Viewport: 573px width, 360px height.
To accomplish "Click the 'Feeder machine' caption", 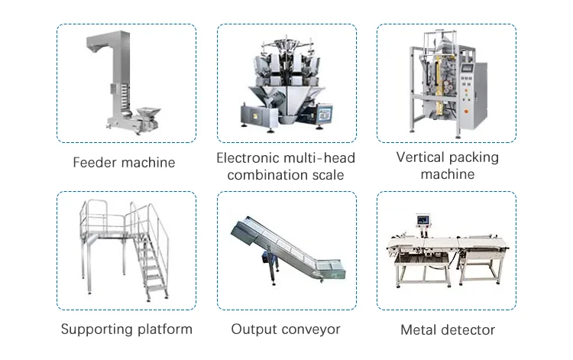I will tap(124, 162).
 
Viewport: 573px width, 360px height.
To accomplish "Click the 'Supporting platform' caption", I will tap(126, 329).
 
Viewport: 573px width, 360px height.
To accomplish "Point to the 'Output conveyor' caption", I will tap(286, 329).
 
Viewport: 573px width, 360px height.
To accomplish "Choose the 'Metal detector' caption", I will tap(448, 330).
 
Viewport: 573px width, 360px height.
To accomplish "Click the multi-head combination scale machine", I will tap(284, 80).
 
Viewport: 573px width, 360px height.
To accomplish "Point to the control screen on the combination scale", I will tap(325, 113).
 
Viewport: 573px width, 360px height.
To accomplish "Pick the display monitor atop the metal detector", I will tap(422, 222).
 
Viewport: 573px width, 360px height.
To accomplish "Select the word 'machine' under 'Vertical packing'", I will tap(447, 174).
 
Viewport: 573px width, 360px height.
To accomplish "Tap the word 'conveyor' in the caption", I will tap(309, 329).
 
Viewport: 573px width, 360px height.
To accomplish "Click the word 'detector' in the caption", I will tap(466, 330).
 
